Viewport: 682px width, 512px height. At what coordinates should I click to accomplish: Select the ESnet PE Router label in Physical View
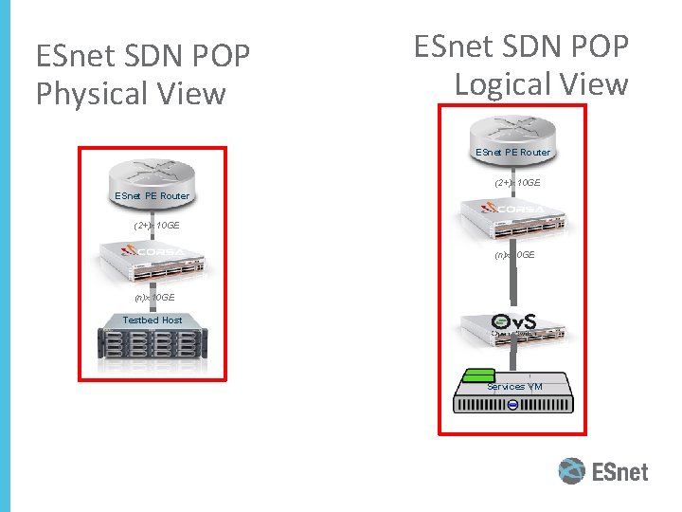152,196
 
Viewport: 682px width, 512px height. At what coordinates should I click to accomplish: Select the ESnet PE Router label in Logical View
512,152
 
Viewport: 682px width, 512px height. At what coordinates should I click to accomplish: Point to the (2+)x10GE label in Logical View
517,182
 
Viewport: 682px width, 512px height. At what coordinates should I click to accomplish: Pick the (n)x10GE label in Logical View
514,255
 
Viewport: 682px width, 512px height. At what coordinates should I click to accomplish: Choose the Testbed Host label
152,320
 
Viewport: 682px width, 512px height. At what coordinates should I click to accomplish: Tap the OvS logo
513,321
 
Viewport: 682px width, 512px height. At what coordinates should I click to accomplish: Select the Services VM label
514,387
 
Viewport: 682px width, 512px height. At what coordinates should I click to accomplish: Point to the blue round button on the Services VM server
512,405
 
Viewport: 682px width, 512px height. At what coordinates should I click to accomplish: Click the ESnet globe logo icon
571,471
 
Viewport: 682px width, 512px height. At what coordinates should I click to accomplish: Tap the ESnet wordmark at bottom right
620,471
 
